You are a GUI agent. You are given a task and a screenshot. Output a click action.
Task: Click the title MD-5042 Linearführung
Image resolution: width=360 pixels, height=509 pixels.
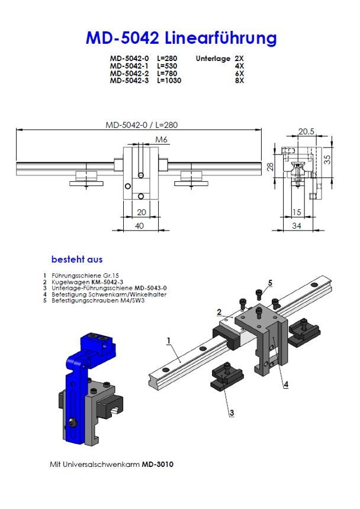tap(181, 39)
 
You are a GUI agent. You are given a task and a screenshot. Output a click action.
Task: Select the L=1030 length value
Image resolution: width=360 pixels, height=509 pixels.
tap(169, 81)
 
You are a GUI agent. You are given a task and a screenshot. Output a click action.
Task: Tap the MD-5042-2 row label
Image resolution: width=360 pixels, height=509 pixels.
tap(130, 73)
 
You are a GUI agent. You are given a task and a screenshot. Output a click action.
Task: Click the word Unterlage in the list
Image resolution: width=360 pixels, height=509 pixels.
tap(211, 58)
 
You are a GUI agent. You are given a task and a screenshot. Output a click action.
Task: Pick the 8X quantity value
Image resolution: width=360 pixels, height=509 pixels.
tap(239, 81)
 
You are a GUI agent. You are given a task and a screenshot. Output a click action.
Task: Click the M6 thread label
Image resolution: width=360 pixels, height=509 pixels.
tap(161, 139)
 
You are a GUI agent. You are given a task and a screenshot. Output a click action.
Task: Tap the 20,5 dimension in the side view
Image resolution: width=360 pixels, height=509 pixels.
tap(306, 132)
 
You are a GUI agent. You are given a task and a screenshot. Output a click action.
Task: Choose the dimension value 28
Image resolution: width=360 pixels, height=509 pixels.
tap(271, 167)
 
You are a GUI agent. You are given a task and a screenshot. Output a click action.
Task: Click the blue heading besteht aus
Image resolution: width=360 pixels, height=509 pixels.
tap(77, 260)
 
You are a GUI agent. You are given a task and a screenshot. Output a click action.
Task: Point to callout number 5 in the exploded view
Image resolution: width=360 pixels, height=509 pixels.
tap(270, 283)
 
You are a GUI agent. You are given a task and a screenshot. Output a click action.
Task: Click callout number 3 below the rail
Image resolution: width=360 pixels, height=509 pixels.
tap(232, 412)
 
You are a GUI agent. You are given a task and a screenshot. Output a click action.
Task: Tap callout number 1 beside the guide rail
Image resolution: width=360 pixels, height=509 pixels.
tap(169, 341)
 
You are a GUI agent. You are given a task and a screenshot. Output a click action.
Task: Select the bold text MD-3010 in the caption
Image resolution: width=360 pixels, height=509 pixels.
tap(157, 465)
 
